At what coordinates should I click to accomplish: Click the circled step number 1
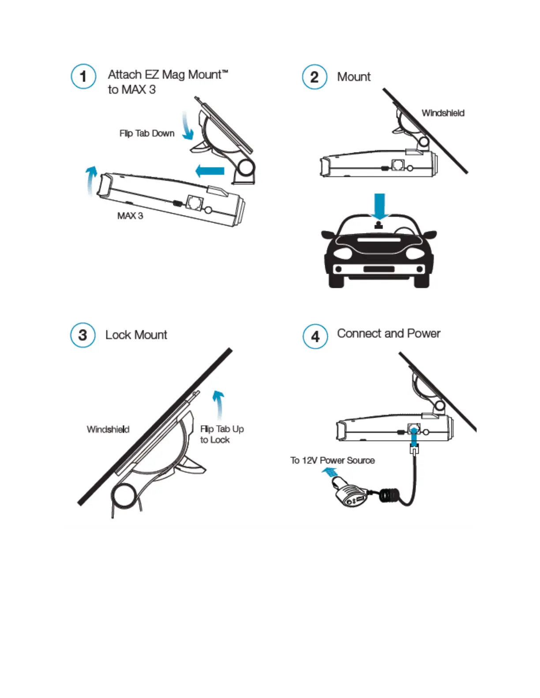click(x=83, y=76)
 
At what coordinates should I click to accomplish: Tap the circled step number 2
click(x=315, y=77)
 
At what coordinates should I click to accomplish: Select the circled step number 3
click(x=83, y=335)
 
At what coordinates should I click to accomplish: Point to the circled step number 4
click(x=315, y=336)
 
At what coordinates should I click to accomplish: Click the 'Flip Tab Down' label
click(x=147, y=133)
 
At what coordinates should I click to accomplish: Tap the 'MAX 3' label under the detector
click(x=130, y=215)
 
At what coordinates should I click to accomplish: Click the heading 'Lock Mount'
click(x=136, y=335)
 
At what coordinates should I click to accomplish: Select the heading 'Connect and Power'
click(x=389, y=334)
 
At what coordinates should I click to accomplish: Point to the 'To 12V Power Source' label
click(x=332, y=460)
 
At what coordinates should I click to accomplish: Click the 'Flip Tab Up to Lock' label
click(x=221, y=434)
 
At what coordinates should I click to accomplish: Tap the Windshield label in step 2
click(x=443, y=113)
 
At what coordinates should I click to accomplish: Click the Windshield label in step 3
click(x=108, y=429)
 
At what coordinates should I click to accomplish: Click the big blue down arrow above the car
click(x=379, y=206)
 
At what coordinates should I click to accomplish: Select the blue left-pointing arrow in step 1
click(x=210, y=171)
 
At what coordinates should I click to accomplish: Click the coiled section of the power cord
click(x=390, y=496)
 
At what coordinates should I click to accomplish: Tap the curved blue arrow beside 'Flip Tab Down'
click(x=187, y=127)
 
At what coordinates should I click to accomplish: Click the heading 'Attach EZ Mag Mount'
click(x=168, y=75)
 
